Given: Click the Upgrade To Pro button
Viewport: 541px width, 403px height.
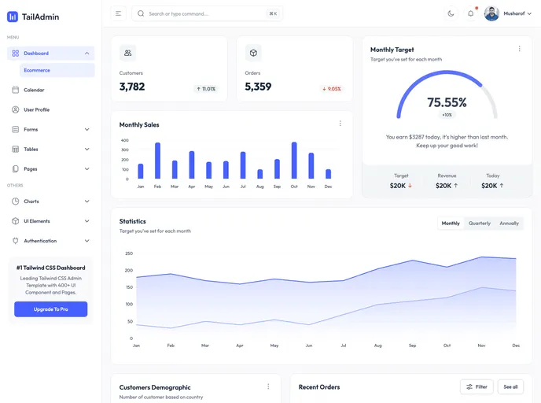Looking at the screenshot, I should click(x=50, y=309).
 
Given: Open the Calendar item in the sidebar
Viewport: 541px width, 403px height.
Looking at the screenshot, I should click(x=34, y=90).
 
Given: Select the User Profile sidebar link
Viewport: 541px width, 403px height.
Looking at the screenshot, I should click(x=36, y=109).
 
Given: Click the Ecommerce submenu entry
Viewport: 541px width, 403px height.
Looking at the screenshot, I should click(x=37, y=70).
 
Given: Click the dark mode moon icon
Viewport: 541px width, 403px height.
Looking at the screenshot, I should click(x=451, y=13).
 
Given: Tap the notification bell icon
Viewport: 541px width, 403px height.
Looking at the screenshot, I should click(x=471, y=13).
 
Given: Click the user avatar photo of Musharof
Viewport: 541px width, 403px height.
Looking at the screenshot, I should click(x=491, y=13).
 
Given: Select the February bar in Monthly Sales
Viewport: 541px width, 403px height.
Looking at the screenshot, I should click(x=157, y=161).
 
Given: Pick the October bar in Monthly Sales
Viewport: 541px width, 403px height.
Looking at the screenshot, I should click(x=294, y=161).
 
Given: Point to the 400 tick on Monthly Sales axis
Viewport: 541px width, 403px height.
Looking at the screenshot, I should click(x=124, y=140).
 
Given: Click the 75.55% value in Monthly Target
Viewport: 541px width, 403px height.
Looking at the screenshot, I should click(x=447, y=102).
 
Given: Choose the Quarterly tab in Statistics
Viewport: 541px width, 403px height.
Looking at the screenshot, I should click(x=480, y=224).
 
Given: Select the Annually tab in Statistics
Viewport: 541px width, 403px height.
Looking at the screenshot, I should click(x=509, y=224).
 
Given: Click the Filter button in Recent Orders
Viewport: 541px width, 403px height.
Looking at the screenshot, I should click(x=477, y=386).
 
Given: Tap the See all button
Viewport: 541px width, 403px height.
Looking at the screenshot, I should click(x=510, y=386).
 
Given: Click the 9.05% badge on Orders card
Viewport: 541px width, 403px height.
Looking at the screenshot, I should click(x=331, y=89).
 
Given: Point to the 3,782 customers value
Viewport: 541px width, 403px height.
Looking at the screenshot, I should click(x=132, y=87).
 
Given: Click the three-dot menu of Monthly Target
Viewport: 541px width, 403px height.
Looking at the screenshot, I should click(x=519, y=49).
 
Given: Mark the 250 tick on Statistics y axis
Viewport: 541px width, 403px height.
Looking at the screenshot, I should click(x=128, y=253).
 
